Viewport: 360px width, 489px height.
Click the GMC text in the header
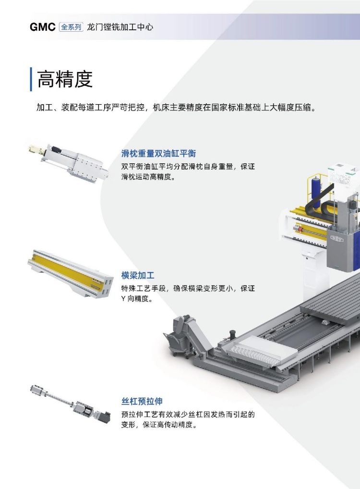coord(42,27)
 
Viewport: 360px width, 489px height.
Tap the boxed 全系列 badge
coord(71,27)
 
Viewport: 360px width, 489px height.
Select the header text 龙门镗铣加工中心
coord(120,27)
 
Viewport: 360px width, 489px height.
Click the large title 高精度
coord(65,79)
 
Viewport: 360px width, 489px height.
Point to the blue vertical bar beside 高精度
coord(31,79)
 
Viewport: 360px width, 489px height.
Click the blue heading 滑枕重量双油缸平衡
coord(159,153)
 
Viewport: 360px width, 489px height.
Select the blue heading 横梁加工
coord(138,275)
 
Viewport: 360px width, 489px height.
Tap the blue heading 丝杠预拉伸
coord(142,401)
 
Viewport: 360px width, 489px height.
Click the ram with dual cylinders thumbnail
coord(69,163)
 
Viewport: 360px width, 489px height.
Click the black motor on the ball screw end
coord(105,416)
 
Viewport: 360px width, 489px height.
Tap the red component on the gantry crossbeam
coord(300,229)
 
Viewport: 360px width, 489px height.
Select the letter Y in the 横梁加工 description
coord(123,298)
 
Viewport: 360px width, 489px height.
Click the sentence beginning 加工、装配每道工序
coord(177,108)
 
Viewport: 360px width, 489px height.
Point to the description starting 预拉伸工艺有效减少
coord(188,419)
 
